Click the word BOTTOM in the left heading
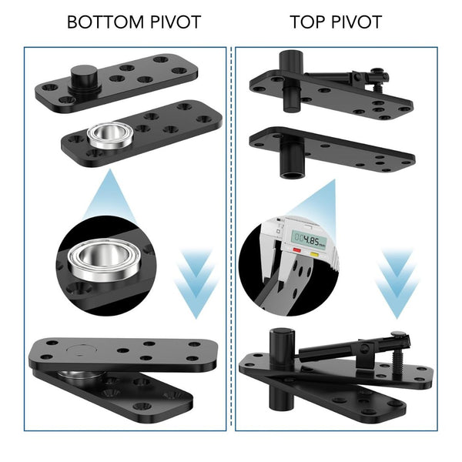[100, 22]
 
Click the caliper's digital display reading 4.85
[313, 237]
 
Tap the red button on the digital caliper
[296, 251]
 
